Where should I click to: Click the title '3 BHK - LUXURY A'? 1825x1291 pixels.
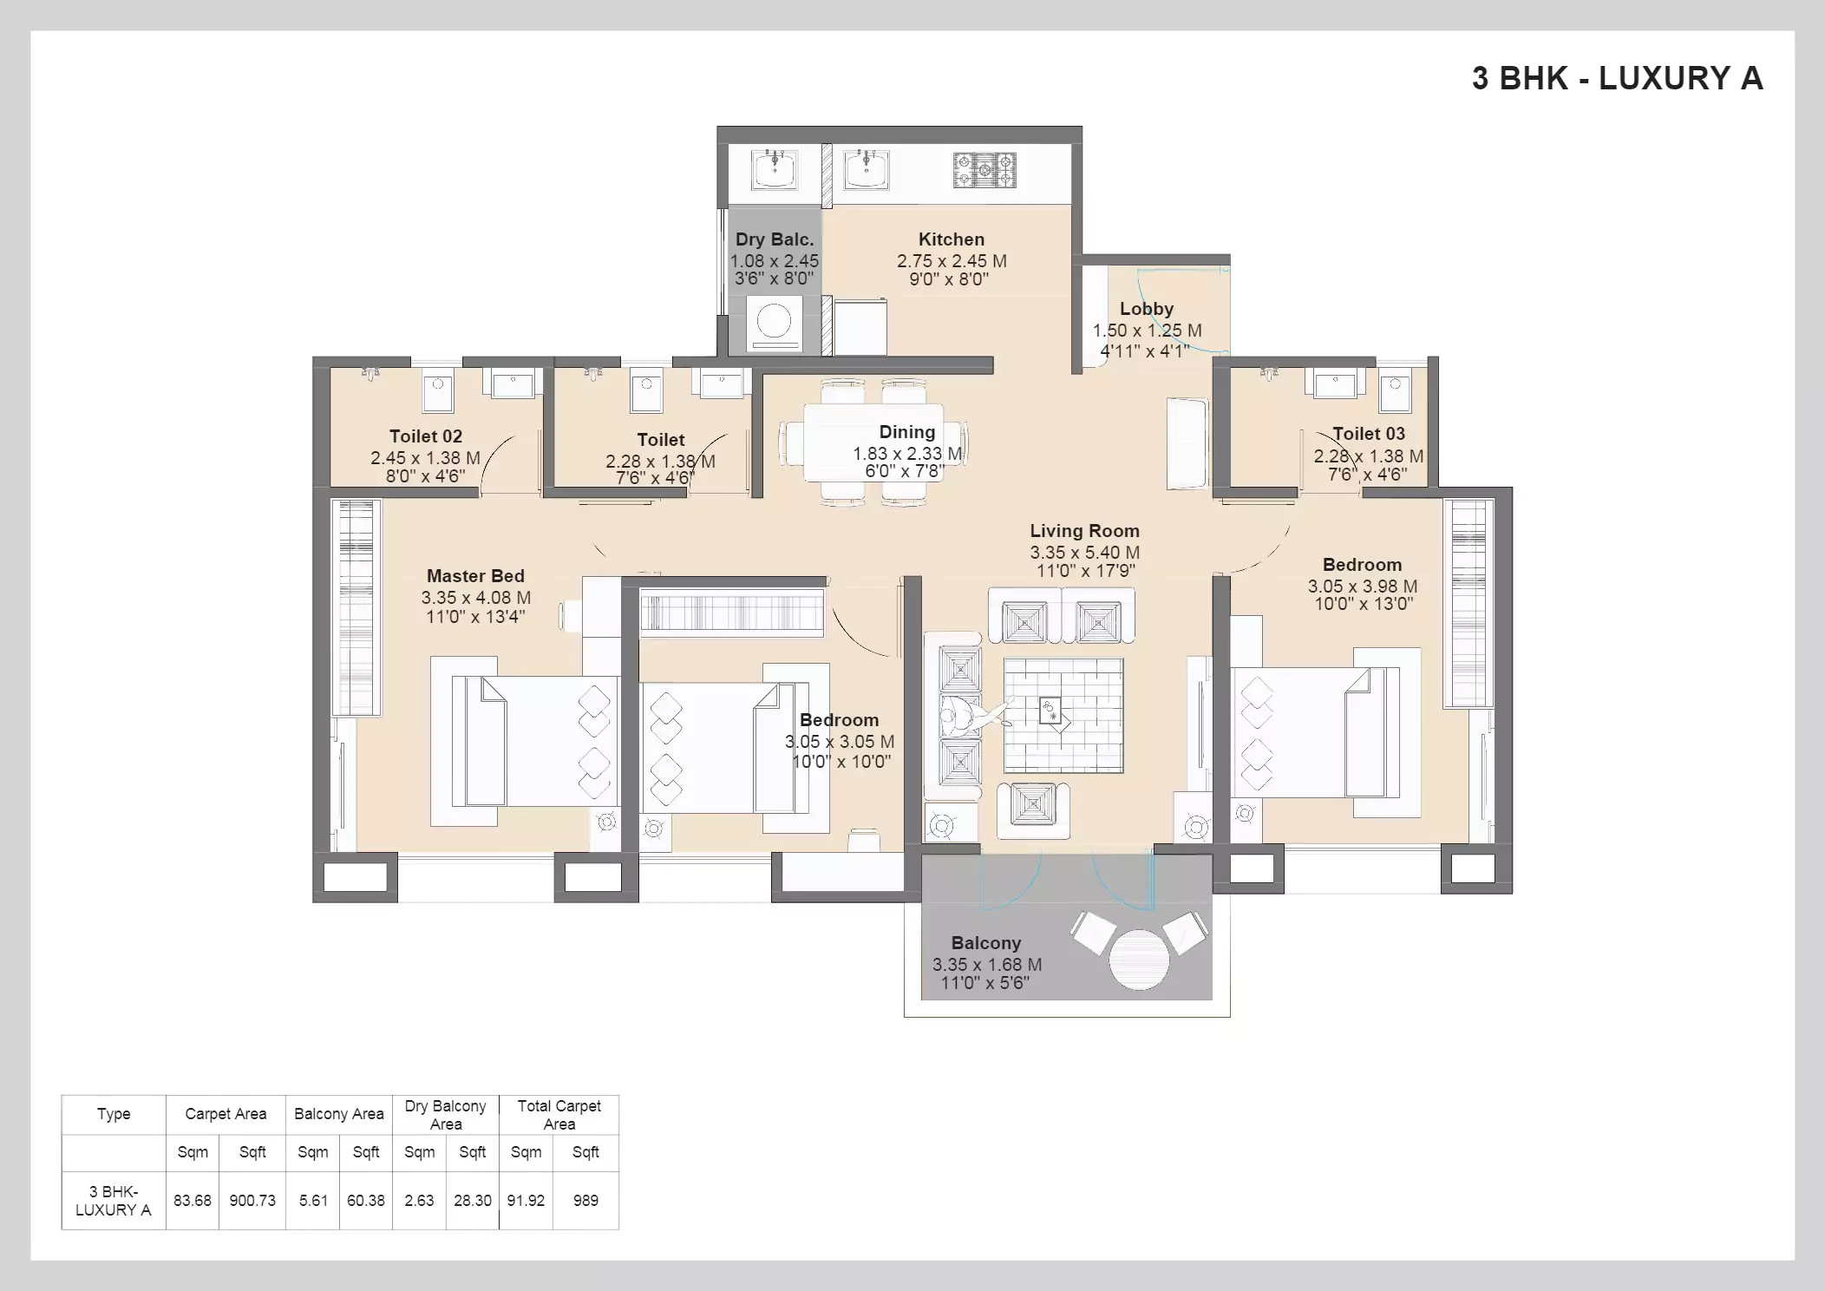click(1617, 78)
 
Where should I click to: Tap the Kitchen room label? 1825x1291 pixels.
click(951, 239)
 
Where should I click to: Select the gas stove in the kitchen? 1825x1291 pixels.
click(984, 170)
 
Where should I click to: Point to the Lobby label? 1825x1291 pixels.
click(1146, 309)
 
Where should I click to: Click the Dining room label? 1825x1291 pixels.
click(906, 432)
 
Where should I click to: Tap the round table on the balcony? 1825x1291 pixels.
click(1139, 959)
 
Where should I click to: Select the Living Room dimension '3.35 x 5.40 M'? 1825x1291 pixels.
click(1084, 553)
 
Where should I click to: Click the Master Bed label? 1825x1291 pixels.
click(475, 576)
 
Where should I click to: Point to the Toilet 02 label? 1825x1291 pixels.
click(425, 436)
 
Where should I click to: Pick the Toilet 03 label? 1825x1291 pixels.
click(1368, 434)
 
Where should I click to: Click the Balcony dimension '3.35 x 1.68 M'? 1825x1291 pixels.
click(986, 965)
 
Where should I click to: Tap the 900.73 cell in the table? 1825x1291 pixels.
click(252, 1201)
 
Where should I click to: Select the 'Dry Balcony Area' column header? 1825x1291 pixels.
click(446, 1115)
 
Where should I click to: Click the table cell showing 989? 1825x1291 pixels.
click(585, 1201)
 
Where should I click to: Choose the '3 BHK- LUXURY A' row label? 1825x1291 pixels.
click(114, 1201)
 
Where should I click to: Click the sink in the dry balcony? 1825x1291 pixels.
click(775, 169)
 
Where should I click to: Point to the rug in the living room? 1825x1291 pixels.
click(1063, 715)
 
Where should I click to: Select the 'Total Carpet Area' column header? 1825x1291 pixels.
click(559, 1115)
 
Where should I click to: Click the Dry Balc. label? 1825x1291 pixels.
click(774, 239)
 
